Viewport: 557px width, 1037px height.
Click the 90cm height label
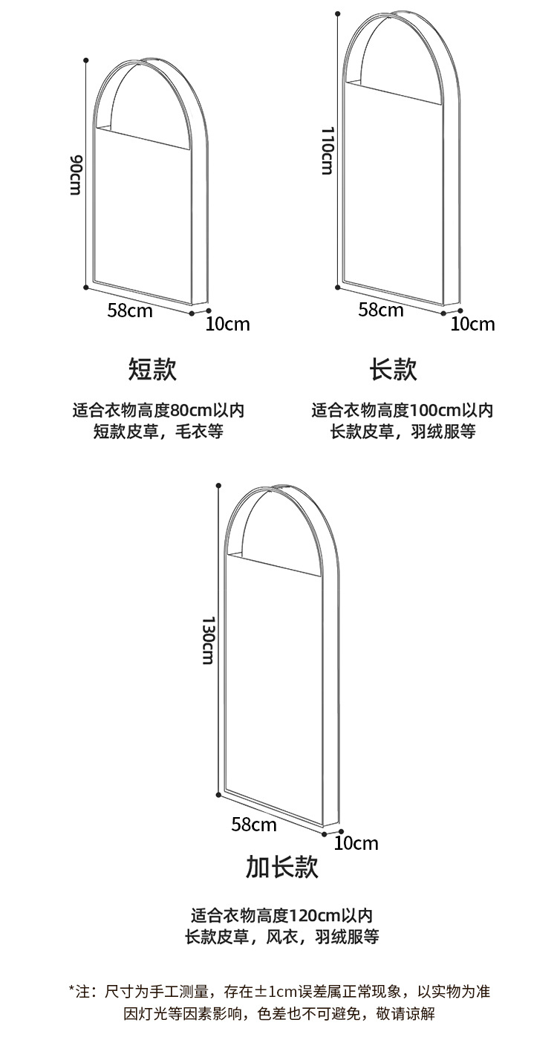(75, 175)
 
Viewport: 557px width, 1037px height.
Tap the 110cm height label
(327, 150)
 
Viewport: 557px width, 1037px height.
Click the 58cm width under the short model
(130, 310)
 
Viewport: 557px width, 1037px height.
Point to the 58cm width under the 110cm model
(381, 310)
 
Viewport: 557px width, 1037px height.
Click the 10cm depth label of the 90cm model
(228, 324)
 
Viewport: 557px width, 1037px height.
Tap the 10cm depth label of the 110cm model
(472, 324)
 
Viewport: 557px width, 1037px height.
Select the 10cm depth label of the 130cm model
(356, 843)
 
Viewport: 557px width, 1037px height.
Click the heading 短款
(152, 369)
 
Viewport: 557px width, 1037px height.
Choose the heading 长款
(394, 369)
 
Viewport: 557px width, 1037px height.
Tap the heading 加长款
(281, 867)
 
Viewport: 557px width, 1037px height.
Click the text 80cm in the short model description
(192, 410)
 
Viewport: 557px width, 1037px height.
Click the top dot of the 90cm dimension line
(87, 59)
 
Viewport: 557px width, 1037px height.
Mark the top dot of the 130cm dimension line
(218, 486)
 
